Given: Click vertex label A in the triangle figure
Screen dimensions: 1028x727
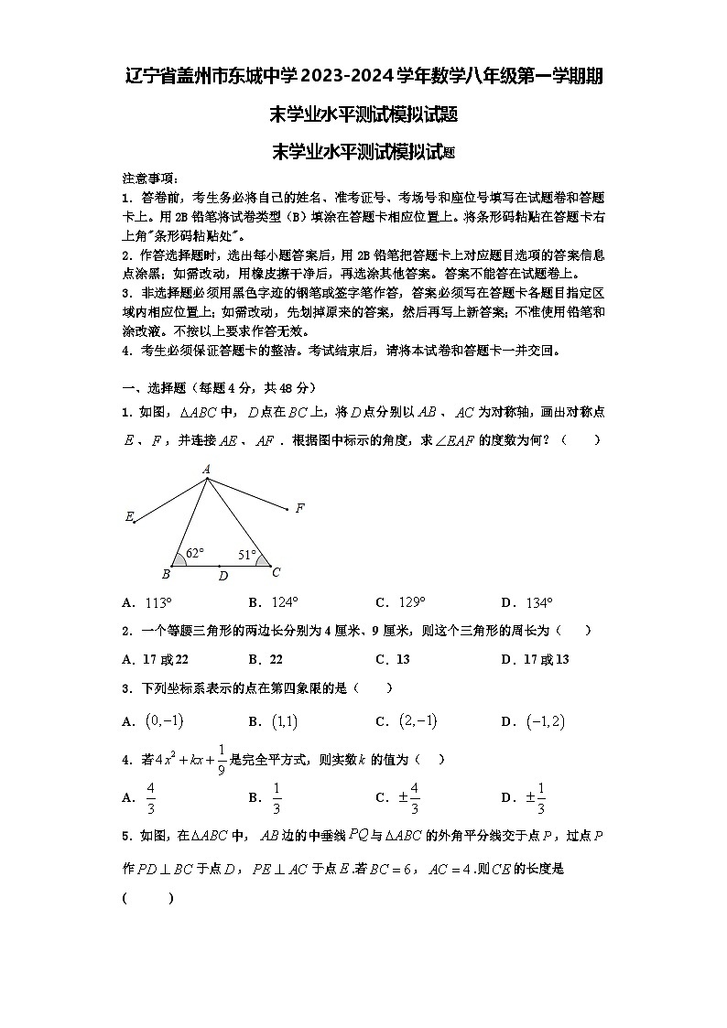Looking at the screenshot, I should (x=207, y=470).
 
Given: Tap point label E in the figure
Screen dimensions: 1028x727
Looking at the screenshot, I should (x=128, y=516).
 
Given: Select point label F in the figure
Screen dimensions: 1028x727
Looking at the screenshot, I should (x=299, y=508).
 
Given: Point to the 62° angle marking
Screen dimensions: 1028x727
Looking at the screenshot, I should (x=194, y=553).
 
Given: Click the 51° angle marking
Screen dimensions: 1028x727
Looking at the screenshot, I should (x=246, y=554).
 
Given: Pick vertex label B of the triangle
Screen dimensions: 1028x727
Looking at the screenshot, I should (x=166, y=575).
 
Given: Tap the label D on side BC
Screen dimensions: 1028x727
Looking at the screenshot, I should (x=222, y=577).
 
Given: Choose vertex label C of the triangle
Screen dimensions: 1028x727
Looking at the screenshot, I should (x=276, y=573).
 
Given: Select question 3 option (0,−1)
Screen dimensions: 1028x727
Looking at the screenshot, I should (x=165, y=721).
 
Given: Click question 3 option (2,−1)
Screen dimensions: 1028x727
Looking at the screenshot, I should (x=418, y=721).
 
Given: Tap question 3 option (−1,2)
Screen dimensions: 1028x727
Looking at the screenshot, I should (x=546, y=721).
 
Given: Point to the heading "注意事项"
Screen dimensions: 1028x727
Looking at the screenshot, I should (x=150, y=179).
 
